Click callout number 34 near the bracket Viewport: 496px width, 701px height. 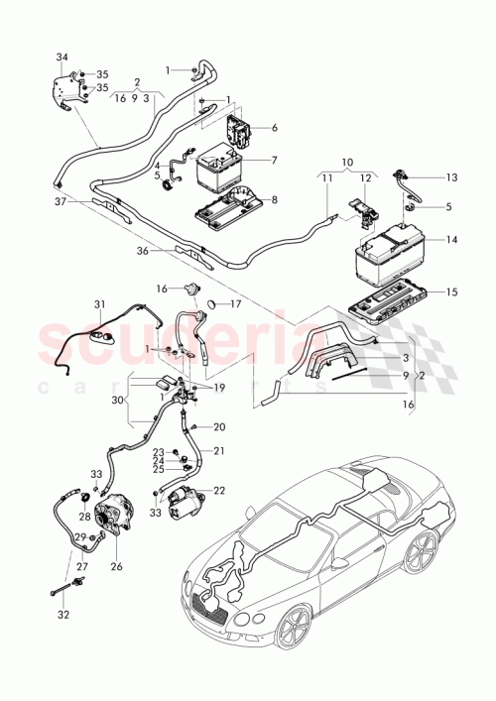[x=63, y=57]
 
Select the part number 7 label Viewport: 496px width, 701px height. [x=274, y=160]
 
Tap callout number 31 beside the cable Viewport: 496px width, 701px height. [x=99, y=303]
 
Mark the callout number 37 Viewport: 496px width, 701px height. [x=60, y=201]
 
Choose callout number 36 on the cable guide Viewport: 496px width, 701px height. [x=144, y=251]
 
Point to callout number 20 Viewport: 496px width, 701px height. [x=220, y=427]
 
